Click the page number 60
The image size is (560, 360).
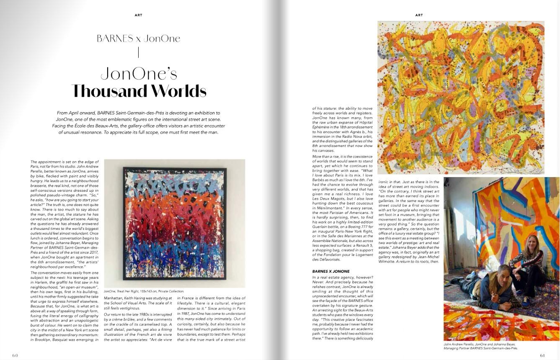click(15, 355)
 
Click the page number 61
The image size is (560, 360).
click(542, 355)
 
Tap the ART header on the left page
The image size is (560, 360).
click(138, 15)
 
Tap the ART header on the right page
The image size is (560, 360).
click(419, 15)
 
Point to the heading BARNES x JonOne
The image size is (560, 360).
click(138, 39)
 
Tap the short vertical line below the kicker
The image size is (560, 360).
click(138, 53)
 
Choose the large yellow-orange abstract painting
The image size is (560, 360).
click(460, 97)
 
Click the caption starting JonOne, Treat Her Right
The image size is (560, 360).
click(144, 291)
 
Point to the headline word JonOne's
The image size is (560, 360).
click(139, 74)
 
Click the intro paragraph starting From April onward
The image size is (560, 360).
click(138, 122)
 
